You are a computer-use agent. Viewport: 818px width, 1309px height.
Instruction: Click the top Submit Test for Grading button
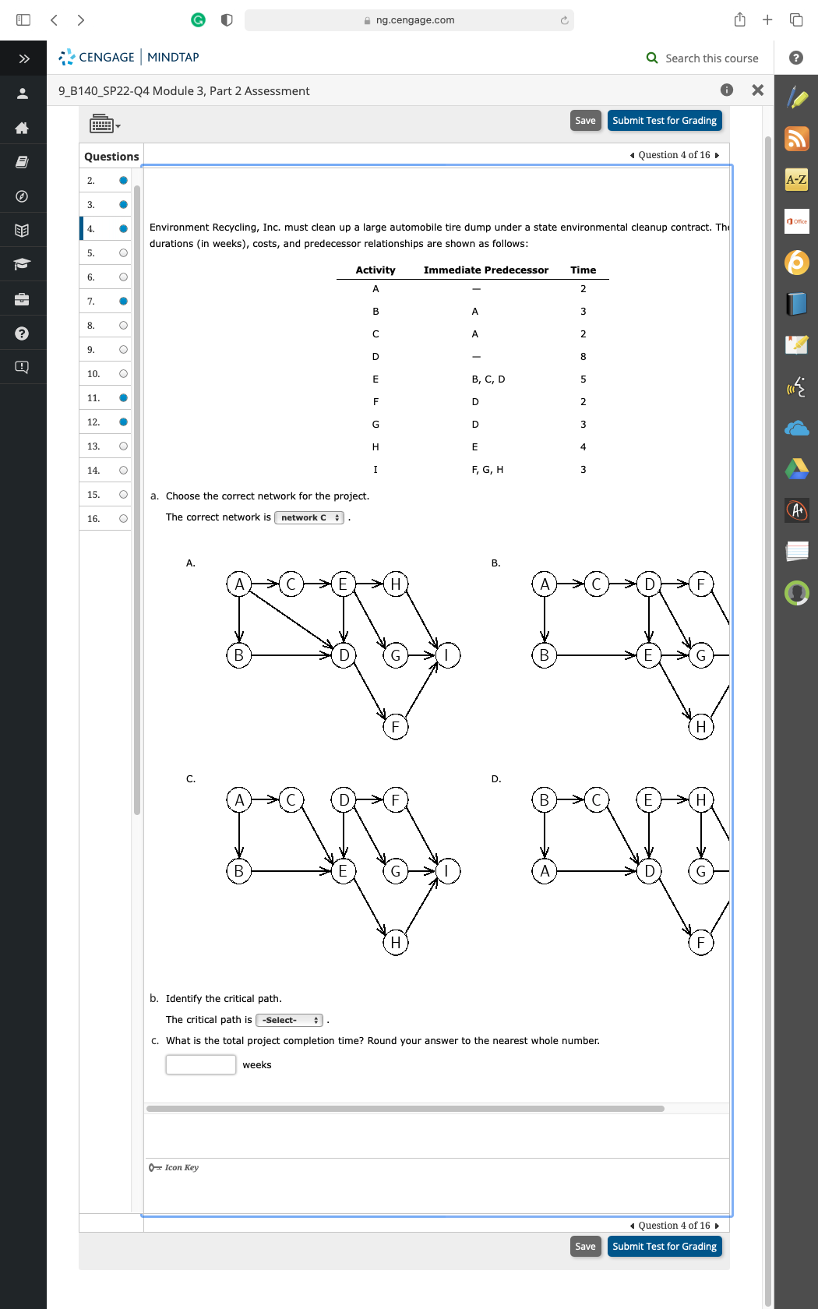(x=664, y=121)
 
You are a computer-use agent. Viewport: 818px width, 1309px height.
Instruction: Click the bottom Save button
(x=585, y=1246)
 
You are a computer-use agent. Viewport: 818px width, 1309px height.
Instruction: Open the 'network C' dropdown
(x=309, y=517)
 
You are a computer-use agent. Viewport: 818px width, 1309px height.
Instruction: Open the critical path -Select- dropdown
(x=289, y=1020)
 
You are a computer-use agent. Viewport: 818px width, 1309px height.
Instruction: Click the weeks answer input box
(x=201, y=1064)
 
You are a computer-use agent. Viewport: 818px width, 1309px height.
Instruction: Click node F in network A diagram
(x=395, y=727)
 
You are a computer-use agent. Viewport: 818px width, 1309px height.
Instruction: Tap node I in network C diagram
(x=447, y=871)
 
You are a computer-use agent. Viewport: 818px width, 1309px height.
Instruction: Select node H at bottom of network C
(x=395, y=943)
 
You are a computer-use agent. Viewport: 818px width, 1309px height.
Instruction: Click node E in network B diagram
(x=648, y=655)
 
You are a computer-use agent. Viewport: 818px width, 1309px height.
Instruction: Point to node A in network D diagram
(x=545, y=871)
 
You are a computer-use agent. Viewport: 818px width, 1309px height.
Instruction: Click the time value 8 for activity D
(x=583, y=357)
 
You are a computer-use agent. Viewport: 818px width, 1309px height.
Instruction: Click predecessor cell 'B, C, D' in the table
(x=488, y=379)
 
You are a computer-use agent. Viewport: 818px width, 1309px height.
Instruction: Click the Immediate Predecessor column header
(x=485, y=270)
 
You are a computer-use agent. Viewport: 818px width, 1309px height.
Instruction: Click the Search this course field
(x=710, y=58)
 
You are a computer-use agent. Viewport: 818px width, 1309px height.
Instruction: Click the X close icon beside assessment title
(x=757, y=90)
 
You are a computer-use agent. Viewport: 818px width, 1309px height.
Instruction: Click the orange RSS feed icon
(x=796, y=139)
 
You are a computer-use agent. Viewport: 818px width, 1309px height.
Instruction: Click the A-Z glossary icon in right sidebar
(x=796, y=180)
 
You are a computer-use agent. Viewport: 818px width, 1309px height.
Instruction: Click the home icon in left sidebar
(x=22, y=128)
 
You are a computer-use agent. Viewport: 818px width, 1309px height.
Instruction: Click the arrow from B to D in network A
(x=288, y=655)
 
